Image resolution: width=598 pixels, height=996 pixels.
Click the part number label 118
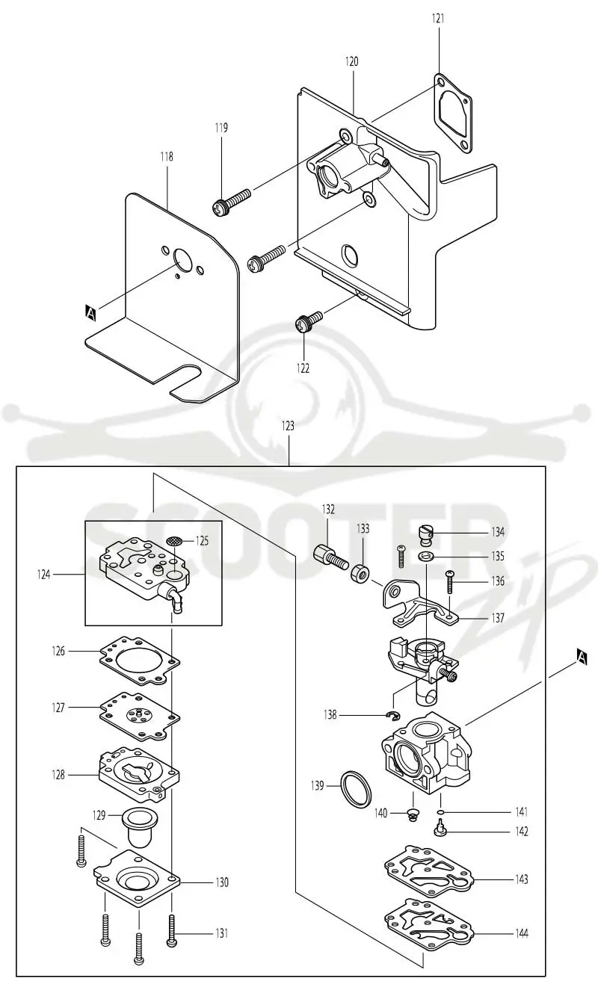(167, 156)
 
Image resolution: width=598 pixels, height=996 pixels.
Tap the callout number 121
(438, 18)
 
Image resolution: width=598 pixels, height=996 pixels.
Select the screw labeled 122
(308, 321)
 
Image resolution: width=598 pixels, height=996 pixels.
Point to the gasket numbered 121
(452, 113)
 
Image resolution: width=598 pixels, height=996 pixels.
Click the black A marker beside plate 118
(90, 313)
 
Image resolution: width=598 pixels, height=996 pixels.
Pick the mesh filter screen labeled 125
(174, 541)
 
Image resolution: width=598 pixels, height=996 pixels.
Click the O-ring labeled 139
(356, 789)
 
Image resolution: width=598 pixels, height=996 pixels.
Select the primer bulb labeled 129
(141, 826)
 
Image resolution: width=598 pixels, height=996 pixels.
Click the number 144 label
(522, 933)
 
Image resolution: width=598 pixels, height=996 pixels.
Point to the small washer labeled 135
(426, 556)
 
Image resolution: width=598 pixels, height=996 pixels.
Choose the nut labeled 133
(360, 572)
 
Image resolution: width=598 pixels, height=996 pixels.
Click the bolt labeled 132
(330, 558)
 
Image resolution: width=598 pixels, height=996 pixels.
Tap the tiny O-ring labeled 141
(440, 813)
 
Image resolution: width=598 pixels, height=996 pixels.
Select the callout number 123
(288, 426)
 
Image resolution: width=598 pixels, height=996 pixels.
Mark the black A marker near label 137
(582, 656)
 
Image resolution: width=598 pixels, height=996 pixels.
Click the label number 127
(58, 708)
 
